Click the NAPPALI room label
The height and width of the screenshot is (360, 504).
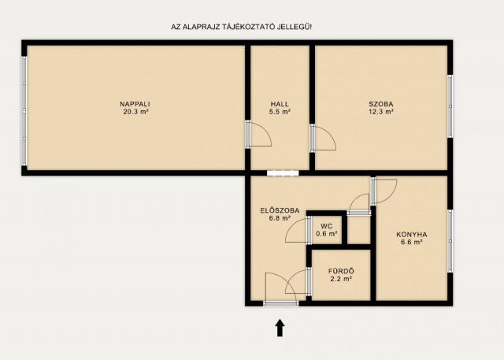(x=135, y=104)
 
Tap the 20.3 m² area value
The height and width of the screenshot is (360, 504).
(x=135, y=112)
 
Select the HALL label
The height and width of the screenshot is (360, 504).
(x=280, y=104)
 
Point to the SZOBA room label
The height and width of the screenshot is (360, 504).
(x=381, y=104)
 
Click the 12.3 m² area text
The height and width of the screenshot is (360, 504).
(x=381, y=112)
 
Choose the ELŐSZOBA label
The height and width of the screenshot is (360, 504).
(x=280, y=211)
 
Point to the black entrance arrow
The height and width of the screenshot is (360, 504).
(x=280, y=328)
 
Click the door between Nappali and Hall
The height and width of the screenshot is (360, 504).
(x=258, y=134)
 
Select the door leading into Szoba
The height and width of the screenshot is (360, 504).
(x=323, y=138)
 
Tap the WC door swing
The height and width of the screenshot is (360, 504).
(x=296, y=229)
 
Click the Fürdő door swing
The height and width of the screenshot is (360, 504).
(x=296, y=281)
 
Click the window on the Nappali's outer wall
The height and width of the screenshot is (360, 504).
(x=24, y=111)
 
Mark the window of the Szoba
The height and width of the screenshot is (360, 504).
(x=450, y=106)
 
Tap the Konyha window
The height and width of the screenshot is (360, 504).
(x=450, y=241)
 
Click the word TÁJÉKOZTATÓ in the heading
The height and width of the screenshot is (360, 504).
(x=251, y=27)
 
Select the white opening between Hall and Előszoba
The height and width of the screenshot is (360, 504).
(x=283, y=173)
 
